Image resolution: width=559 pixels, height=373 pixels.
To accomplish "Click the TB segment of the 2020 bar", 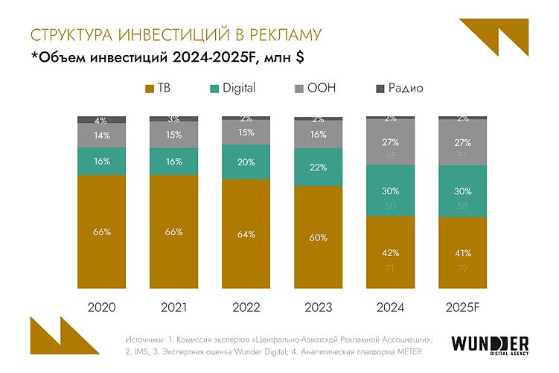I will click(x=101, y=232).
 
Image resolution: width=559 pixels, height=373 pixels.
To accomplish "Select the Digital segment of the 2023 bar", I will click(x=319, y=167).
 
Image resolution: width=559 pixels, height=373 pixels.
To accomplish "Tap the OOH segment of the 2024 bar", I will click(x=391, y=149).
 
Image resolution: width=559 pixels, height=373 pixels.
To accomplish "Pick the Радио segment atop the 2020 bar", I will click(x=101, y=119).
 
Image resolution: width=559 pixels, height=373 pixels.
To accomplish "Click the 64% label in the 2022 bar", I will click(x=246, y=234).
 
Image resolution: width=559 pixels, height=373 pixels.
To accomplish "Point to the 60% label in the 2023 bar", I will click(x=319, y=237).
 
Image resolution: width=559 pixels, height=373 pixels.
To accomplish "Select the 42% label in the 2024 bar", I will click(x=391, y=252).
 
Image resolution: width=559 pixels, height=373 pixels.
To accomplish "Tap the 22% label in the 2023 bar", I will click(x=319, y=168).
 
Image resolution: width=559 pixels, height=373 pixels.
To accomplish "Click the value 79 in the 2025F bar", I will click(x=463, y=268).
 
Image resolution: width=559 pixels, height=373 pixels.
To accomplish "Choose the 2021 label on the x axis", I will click(x=174, y=306).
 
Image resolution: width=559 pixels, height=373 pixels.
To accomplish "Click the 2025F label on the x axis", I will click(x=463, y=306).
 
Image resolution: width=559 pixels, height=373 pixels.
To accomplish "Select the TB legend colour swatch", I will click(x=149, y=89).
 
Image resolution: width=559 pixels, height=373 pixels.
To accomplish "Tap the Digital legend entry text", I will click(x=239, y=89).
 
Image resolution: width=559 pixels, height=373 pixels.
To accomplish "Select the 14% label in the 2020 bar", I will click(x=101, y=136).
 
